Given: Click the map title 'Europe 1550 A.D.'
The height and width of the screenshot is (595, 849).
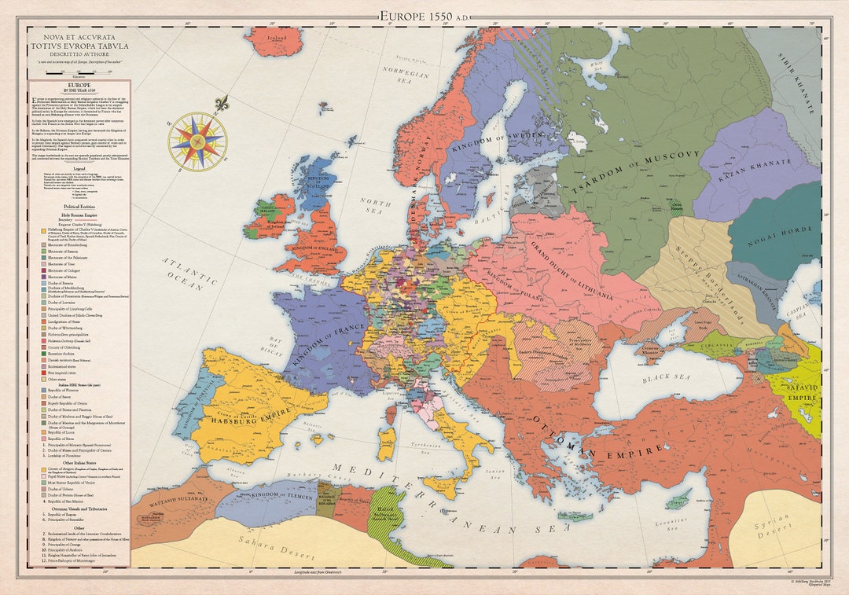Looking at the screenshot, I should point(425,15).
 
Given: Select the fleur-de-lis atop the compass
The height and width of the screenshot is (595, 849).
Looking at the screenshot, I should point(222,103).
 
